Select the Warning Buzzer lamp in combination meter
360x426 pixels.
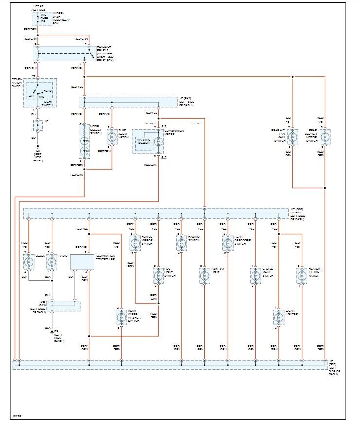tap(158, 142)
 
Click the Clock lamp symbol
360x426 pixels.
tap(28, 262)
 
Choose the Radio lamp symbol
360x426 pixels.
tap(52, 262)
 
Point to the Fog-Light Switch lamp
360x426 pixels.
tap(158, 276)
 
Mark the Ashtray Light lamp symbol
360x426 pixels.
tap(204, 276)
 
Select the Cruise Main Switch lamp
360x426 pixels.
tap(255, 276)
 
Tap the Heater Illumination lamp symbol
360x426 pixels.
tap(301, 276)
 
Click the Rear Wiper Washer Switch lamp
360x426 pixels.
tap(121, 318)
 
